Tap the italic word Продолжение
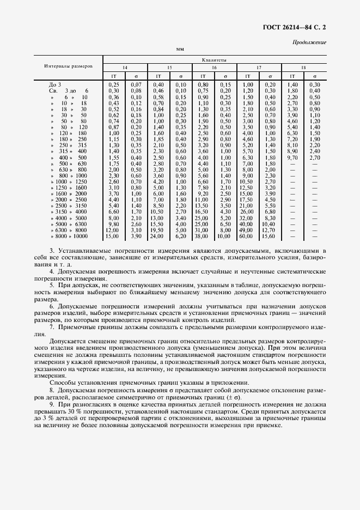click(x=309, y=42)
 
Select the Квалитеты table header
click(x=214, y=60)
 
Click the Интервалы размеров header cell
click(x=69, y=66)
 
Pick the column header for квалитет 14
click(x=125, y=68)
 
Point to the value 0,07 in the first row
click(x=136, y=85)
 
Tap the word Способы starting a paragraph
click(x=62, y=383)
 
